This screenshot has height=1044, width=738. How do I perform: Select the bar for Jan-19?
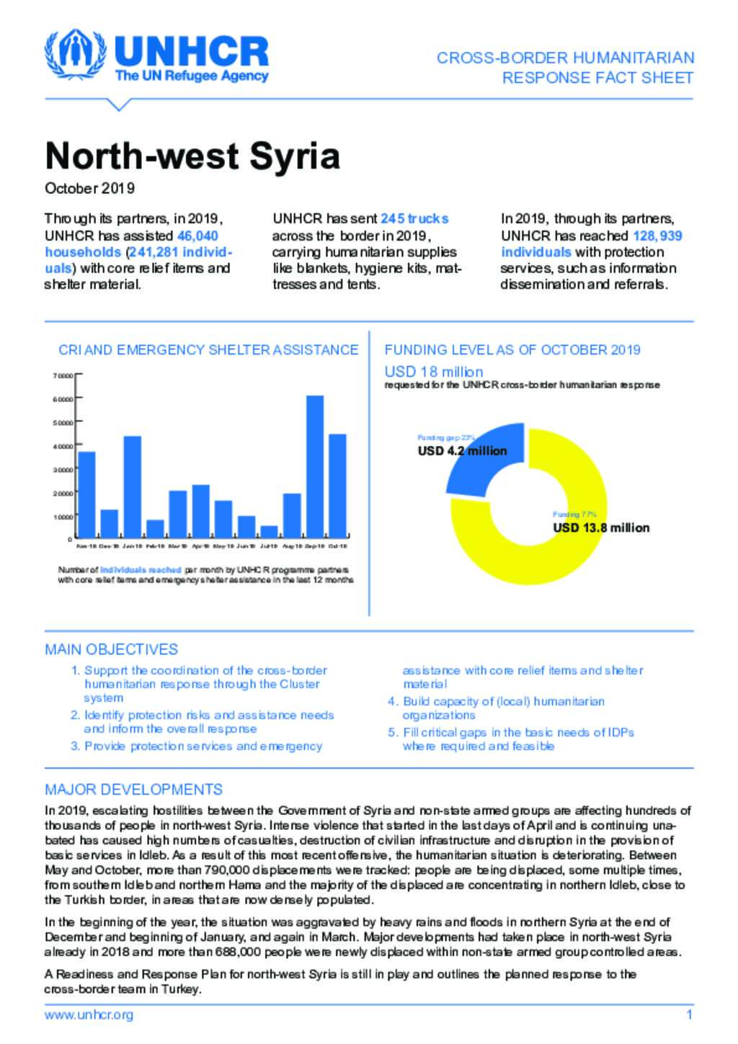pos(132,486)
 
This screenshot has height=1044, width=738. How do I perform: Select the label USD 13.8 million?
pos(601,527)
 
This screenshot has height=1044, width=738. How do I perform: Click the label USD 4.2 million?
pos(462,451)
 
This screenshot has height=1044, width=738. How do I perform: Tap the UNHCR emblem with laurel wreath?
pos(74,55)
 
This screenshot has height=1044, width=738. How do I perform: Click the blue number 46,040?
pos(197,236)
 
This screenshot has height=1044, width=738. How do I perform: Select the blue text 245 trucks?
pos(414,218)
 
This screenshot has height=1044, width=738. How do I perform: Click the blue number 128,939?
pos(657,236)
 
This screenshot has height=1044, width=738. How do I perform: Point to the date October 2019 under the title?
pos(89,188)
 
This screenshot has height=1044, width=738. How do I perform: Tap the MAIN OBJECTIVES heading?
pos(111,649)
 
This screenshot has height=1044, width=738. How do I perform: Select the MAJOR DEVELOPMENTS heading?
pos(133,789)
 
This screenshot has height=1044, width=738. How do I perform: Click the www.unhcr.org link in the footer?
pos(89,1015)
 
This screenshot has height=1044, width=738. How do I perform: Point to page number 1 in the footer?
pos(689,1015)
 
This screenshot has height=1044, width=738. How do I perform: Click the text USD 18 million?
pos(434,372)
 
